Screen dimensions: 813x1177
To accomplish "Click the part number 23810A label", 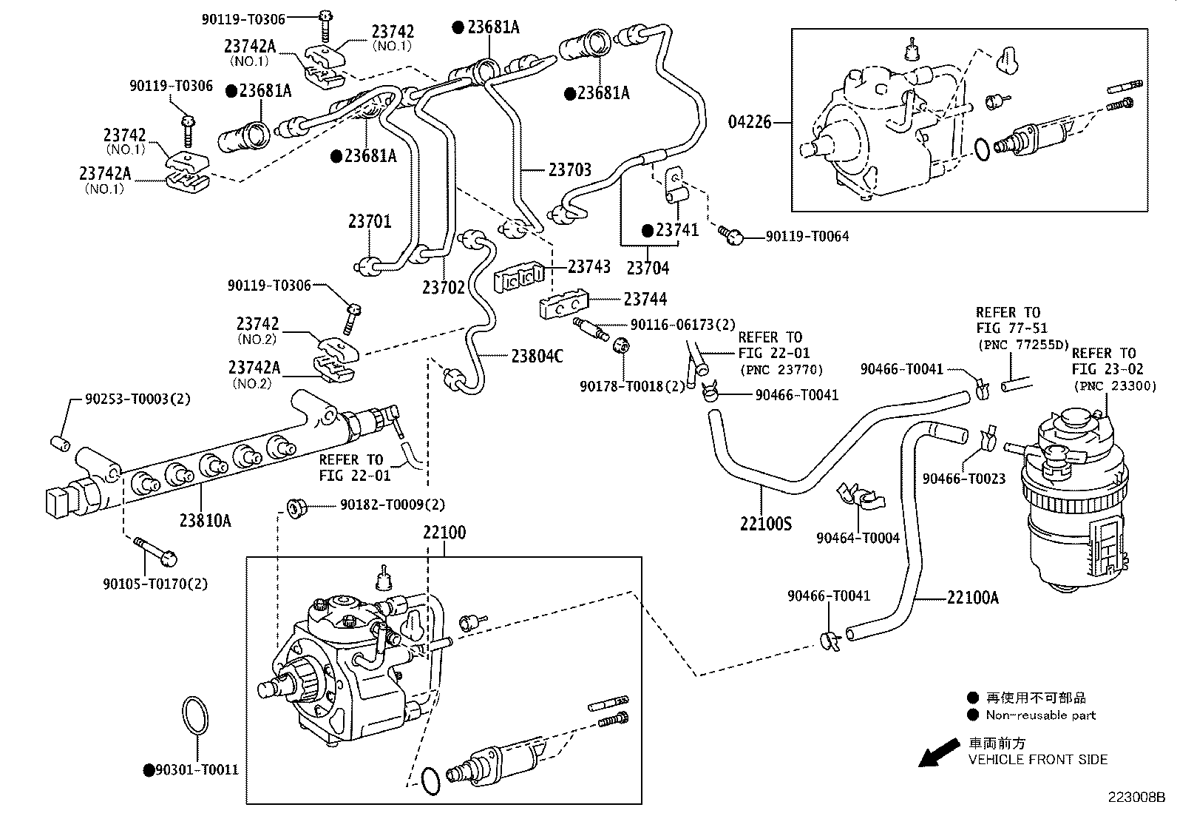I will point(205,521).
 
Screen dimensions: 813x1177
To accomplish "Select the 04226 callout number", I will point(750,122).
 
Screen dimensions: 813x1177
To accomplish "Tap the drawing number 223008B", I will point(1136,797).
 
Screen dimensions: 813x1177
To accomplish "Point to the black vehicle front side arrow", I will point(935,755).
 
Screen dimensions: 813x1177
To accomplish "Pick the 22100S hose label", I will point(765,524).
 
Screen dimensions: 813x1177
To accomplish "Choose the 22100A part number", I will point(972,597).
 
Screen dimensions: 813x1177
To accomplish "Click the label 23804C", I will point(537,357).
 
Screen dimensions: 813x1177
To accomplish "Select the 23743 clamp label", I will point(589,266).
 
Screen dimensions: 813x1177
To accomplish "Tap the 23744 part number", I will point(645,299).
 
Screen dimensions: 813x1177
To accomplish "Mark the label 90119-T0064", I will point(807,237).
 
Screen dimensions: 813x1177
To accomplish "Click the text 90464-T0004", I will point(858,538).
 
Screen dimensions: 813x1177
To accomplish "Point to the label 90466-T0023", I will point(963,479).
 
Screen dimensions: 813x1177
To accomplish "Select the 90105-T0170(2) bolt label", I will point(155,584).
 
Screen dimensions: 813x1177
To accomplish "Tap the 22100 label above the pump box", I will point(444,533).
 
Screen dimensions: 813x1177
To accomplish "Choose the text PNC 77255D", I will point(1022,345).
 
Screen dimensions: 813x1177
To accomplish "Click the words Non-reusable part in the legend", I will point(1040,715).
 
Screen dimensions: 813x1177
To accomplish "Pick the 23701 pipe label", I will point(370,221).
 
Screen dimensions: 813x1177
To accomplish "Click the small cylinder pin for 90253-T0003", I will point(59,444).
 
